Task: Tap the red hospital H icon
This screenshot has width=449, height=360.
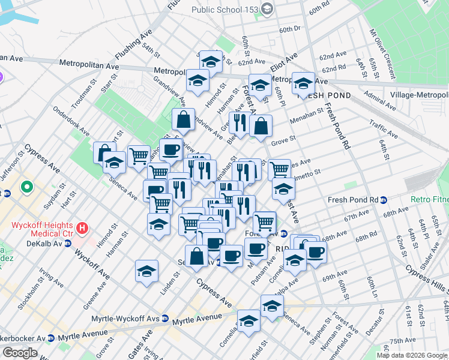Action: pyautogui.click(x=83, y=229)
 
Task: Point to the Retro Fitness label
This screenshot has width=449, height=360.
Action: pyautogui.click(x=430, y=199)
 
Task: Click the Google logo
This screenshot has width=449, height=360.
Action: pyautogui.click(x=20, y=352)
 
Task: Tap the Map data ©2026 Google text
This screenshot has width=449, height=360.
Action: pyautogui.click(x=411, y=355)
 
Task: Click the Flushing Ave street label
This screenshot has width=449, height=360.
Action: pyautogui.click(x=132, y=47)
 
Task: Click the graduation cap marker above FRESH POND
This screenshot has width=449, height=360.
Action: pyautogui.click(x=303, y=82)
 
